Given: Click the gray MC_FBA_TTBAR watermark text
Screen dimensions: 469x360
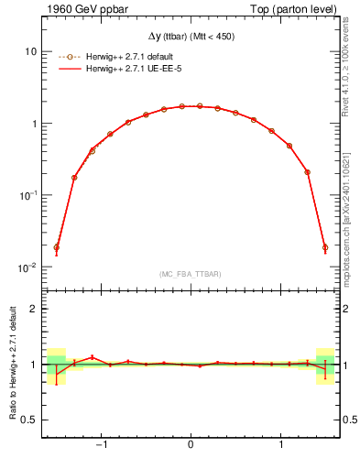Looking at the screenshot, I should (191, 274).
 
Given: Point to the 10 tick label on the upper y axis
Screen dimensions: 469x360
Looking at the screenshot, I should (30, 51).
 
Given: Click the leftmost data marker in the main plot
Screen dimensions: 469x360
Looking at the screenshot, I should (56, 247).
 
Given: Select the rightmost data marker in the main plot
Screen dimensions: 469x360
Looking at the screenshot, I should (325, 247).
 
